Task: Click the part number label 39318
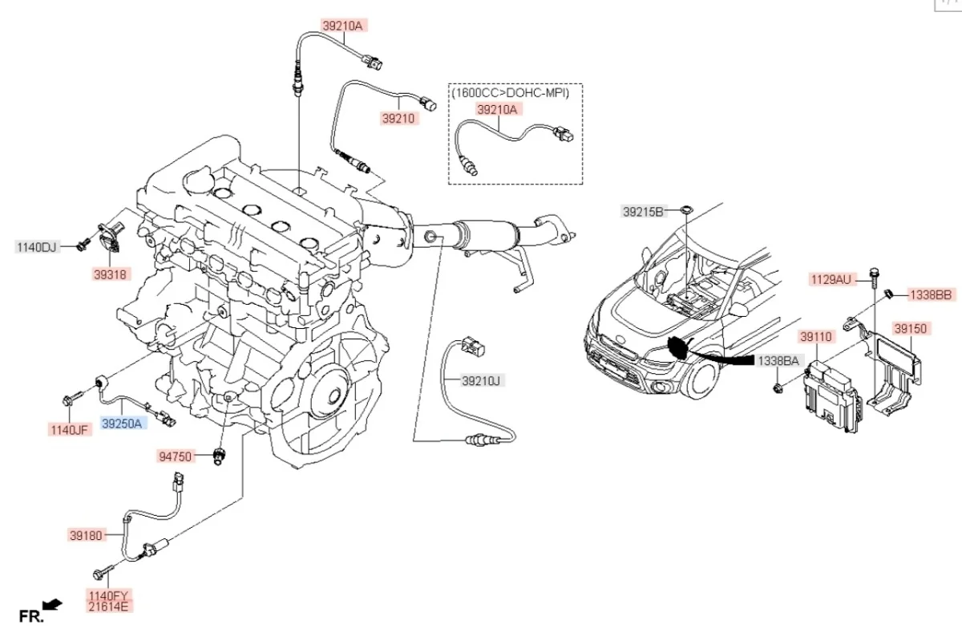pos(111,274)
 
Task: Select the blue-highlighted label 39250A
pos(123,423)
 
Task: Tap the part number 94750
pos(176,456)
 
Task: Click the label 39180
pos(87,534)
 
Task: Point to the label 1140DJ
pos(37,247)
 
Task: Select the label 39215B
pos(644,212)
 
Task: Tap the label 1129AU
pos(831,280)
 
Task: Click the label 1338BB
pos(930,295)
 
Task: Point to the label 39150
pos(910,328)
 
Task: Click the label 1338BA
pos(778,362)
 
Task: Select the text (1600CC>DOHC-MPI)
pos(510,93)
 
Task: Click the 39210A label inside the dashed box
pos(498,108)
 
